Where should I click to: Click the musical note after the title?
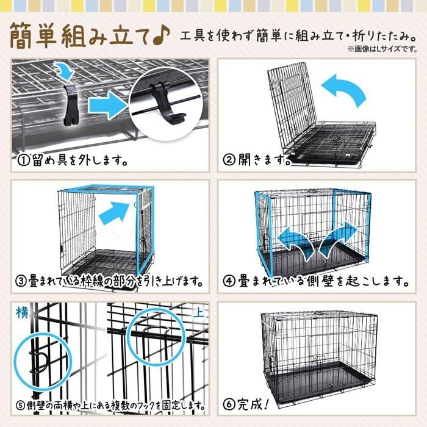click(162, 36)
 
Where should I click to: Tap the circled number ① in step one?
click(23, 160)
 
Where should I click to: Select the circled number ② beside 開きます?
click(229, 160)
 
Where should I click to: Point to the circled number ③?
click(21, 281)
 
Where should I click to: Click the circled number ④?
click(229, 281)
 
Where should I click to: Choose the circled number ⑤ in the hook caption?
click(21, 406)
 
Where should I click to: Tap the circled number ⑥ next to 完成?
click(229, 404)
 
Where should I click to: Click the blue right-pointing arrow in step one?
click(108, 106)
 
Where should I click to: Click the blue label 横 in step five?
click(22, 312)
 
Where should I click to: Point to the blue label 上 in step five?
click(198, 313)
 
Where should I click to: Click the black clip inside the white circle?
click(165, 105)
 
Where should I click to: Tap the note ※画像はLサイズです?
click(382, 49)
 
